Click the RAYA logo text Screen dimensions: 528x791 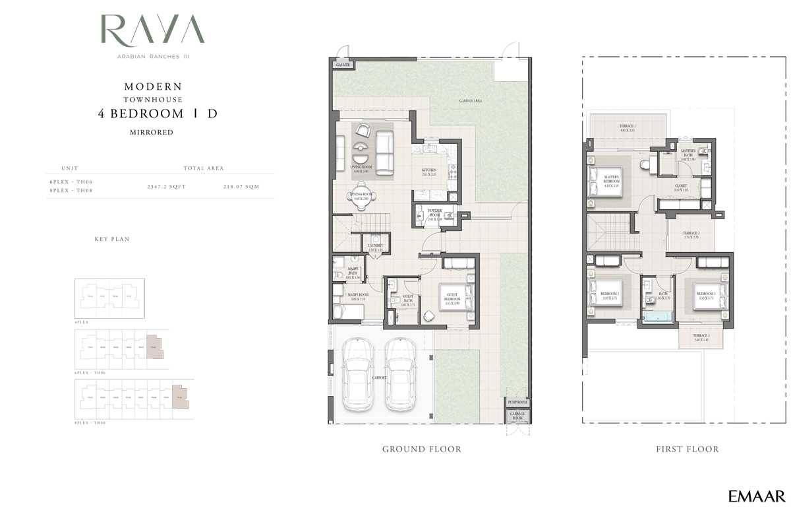pyautogui.click(x=152, y=30)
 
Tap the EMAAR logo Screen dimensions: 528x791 pyautogui.click(x=756, y=497)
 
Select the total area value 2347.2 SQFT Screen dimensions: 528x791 pyautogui.click(x=166, y=187)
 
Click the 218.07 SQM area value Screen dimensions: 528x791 pyautogui.click(x=241, y=187)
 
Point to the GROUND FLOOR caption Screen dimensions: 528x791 pyautogui.click(x=422, y=449)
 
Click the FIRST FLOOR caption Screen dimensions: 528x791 pyautogui.click(x=687, y=449)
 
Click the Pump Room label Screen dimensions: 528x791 pyautogui.click(x=517, y=402)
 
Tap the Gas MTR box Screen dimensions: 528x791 pyautogui.click(x=343, y=65)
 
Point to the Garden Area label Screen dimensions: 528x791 pyautogui.click(x=471, y=101)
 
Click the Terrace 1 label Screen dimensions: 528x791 pyautogui.click(x=627, y=127)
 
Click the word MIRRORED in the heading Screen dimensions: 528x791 pyautogui.click(x=152, y=133)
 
